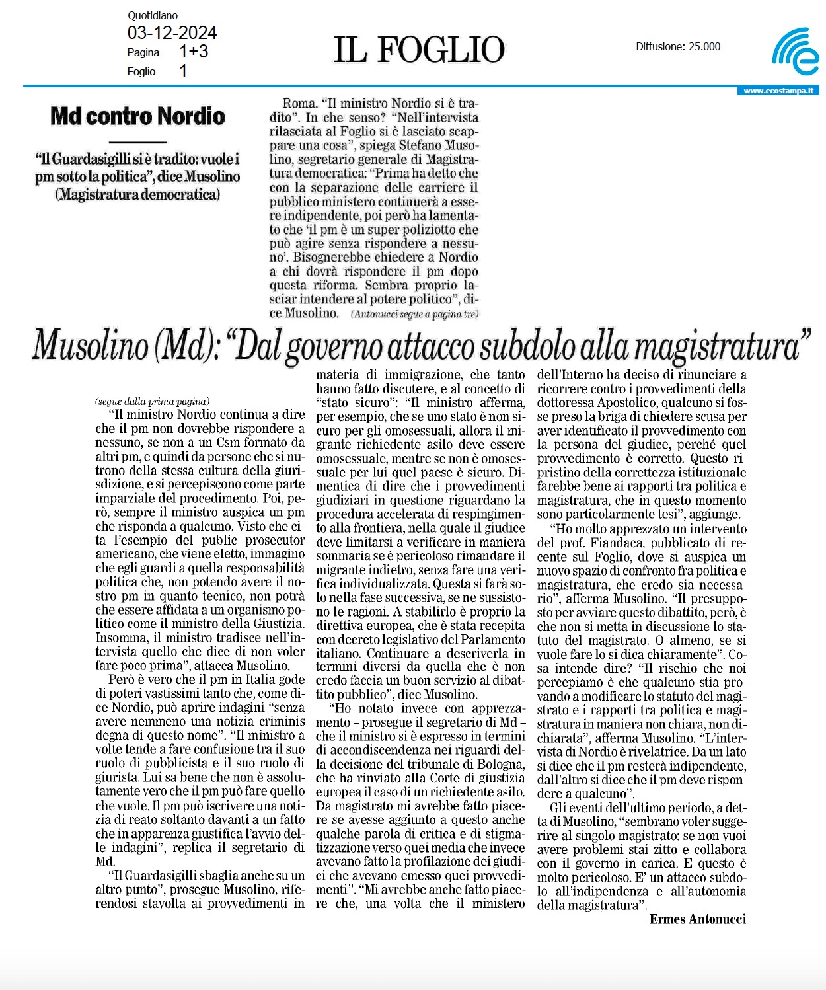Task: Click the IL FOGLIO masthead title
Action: [x=419, y=50]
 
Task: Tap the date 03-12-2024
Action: [x=172, y=33]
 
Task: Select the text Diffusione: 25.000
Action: [x=678, y=46]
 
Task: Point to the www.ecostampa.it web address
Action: [x=778, y=91]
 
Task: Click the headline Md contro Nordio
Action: [x=137, y=116]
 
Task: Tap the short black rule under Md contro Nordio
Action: [x=137, y=141]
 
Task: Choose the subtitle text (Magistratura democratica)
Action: [x=137, y=194]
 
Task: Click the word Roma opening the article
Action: [x=299, y=104]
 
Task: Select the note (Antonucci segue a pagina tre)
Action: [x=415, y=314]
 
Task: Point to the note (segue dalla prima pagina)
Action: [x=152, y=401]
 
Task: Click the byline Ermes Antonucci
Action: [x=698, y=919]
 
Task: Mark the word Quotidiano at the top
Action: [x=153, y=15]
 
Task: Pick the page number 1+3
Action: [x=194, y=52]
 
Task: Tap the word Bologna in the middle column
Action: [x=502, y=764]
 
